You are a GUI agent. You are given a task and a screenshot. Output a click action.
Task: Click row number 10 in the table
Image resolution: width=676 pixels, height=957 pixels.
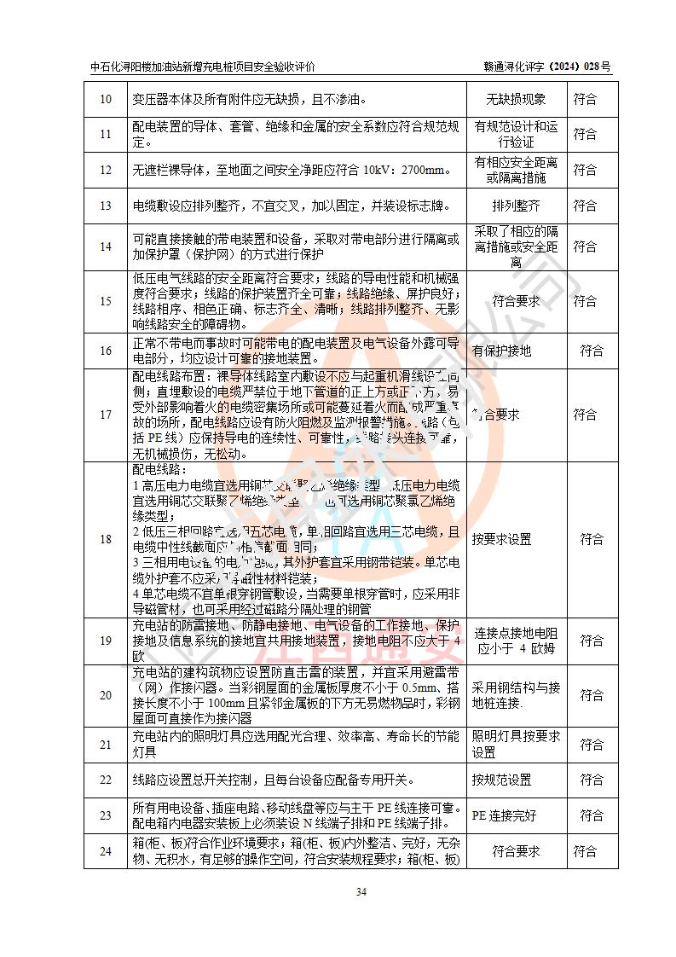click(106, 100)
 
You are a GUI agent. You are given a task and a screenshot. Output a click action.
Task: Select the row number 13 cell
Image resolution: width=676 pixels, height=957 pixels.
click(106, 206)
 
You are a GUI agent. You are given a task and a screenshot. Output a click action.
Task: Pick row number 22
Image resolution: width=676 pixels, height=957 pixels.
click(106, 780)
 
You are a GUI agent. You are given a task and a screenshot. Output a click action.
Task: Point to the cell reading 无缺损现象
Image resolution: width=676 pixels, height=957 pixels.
click(516, 100)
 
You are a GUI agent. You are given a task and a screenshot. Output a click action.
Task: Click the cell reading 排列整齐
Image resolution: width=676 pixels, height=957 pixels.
click(516, 206)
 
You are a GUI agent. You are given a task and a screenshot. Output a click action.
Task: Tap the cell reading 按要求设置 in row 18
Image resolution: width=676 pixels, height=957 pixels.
click(502, 539)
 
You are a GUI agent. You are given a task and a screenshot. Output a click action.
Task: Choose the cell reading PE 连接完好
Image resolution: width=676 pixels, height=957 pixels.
click(505, 815)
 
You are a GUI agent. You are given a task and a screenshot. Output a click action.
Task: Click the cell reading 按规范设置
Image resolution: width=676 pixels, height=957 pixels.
click(502, 780)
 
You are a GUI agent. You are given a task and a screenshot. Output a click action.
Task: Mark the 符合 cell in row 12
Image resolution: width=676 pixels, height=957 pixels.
click(585, 170)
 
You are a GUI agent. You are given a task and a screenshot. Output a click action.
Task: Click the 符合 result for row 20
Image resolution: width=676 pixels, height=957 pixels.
click(592, 695)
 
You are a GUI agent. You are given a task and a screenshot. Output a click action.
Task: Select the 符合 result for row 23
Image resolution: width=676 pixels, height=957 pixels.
click(592, 815)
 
